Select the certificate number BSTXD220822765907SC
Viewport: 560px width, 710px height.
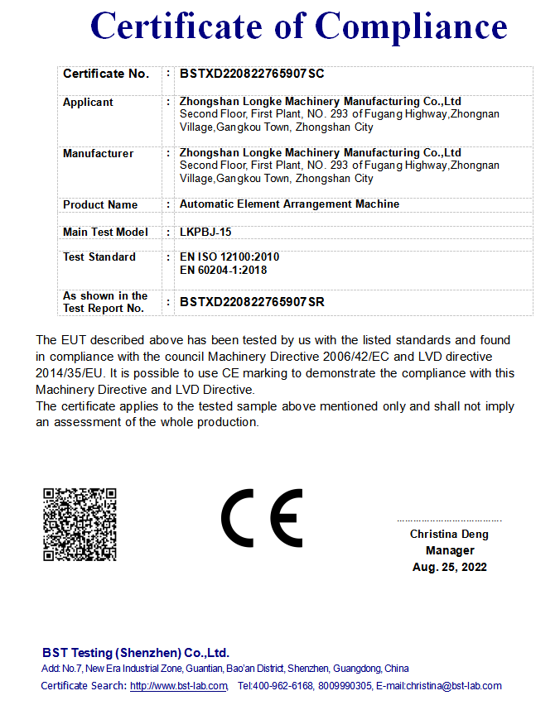click(x=252, y=74)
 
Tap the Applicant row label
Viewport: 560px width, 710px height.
click(x=88, y=102)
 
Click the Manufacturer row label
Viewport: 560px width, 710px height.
click(x=98, y=153)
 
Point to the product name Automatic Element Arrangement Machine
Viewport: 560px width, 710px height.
click(x=289, y=204)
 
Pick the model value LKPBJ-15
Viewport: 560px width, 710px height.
click(x=200, y=232)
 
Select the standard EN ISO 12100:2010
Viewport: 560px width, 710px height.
click(x=229, y=257)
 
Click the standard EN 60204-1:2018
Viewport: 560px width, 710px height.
click(x=223, y=270)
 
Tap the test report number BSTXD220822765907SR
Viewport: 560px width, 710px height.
click(x=252, y=302)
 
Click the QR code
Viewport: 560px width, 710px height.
click(x=80, y=525)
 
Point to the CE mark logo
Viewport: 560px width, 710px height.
click(x=261, y=518)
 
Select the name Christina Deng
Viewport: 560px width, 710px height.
click(x=449, y=534)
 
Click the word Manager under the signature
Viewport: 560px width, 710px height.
click(x=450, y=550)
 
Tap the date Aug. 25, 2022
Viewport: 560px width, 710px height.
click(x=450, y=567)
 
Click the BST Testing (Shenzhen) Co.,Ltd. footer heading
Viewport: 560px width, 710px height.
click(x=136, y=652)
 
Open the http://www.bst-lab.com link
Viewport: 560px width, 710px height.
click(x=179, y=686)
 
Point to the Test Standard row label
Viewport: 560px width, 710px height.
click(x=99, y=257)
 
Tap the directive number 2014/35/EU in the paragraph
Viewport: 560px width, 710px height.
click(x=67, y=373)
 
